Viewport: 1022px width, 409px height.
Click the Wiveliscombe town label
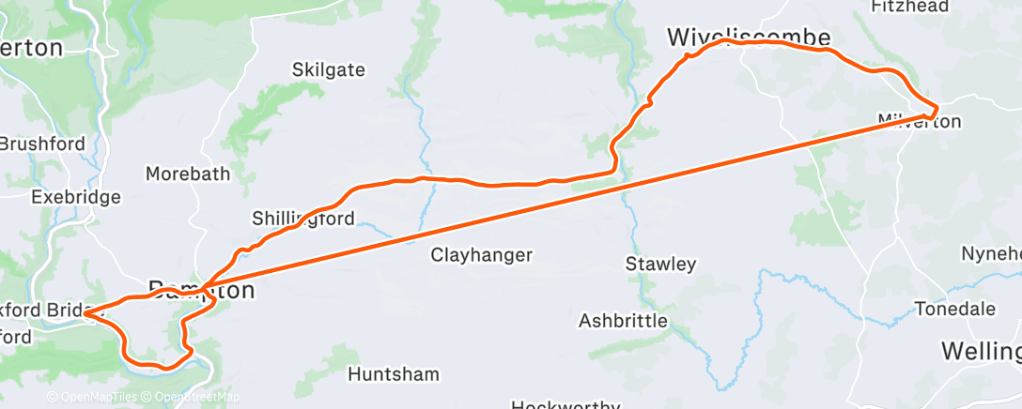749,38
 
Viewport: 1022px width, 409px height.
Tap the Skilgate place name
329,70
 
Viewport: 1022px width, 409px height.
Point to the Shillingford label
303,219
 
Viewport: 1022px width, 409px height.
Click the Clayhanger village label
482,254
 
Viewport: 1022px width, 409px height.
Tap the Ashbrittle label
623,321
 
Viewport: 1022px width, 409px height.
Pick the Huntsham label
393,374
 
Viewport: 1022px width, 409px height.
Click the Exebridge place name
75,198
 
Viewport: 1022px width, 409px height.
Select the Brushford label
42,144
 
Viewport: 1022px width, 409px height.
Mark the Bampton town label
201,291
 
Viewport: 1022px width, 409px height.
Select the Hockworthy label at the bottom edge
565,405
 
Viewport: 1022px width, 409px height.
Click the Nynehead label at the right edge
991,254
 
